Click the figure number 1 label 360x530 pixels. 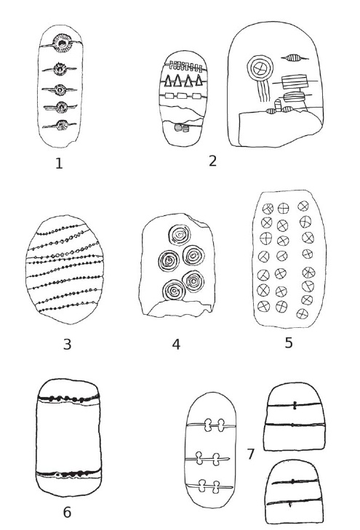pos(59,164)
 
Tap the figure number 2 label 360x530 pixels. pos(212,161)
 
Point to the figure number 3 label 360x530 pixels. pos(67,345)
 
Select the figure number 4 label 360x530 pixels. pos(176,345)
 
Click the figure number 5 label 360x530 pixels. pos(288,342)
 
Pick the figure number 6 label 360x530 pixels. pos(67,512)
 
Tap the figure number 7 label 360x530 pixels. pos(250,454)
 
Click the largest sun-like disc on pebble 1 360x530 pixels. pos(63,43)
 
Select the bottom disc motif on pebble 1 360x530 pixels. pos(62,125)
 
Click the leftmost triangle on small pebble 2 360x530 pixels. pos(168,81)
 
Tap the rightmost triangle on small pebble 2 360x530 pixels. pos(199,81)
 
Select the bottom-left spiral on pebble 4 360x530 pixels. pos(174,290)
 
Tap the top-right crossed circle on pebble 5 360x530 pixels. pos(303,206)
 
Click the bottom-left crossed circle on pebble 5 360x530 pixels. pos(264,306)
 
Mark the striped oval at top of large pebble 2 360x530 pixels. pos(294,58)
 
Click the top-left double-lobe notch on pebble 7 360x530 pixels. pos(208,425)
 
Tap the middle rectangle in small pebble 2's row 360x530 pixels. pos(182,97)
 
